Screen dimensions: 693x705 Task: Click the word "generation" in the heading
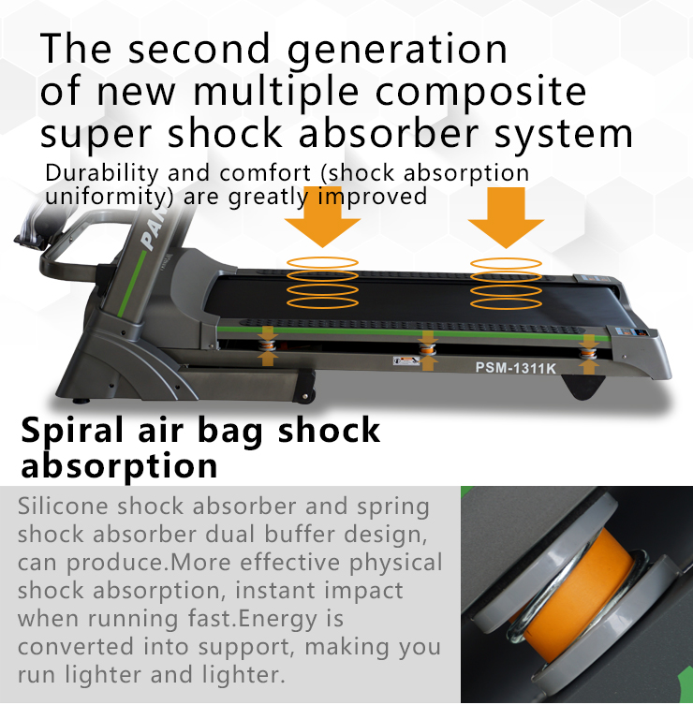397,50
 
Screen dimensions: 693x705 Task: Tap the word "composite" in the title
480,92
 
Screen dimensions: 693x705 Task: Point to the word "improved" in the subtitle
373,196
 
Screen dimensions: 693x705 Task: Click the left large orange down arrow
322,216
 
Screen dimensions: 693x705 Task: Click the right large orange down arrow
506,217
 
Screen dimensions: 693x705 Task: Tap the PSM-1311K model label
516,368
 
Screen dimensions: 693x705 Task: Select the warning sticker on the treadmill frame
405,360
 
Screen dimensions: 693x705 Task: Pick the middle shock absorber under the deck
427,349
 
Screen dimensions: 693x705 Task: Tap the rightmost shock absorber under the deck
588,351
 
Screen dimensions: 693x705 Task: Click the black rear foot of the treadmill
584,388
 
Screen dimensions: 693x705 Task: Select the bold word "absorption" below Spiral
119,466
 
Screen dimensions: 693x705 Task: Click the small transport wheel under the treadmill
306,396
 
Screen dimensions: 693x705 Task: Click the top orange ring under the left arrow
322,262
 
